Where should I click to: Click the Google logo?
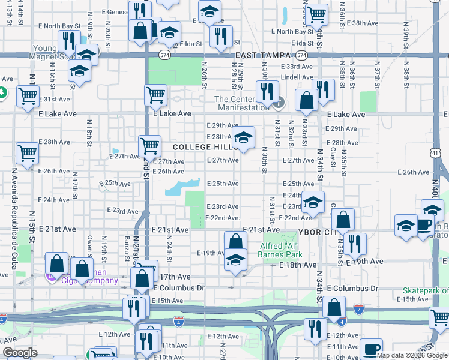click(20, 353)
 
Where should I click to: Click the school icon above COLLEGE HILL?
click(243, 137)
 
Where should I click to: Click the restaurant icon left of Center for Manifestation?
click(267, 91)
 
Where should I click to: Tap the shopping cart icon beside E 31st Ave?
click(27, 96)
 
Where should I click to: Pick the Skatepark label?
click(424, 290)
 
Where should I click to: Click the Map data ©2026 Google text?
click(412, 355)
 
